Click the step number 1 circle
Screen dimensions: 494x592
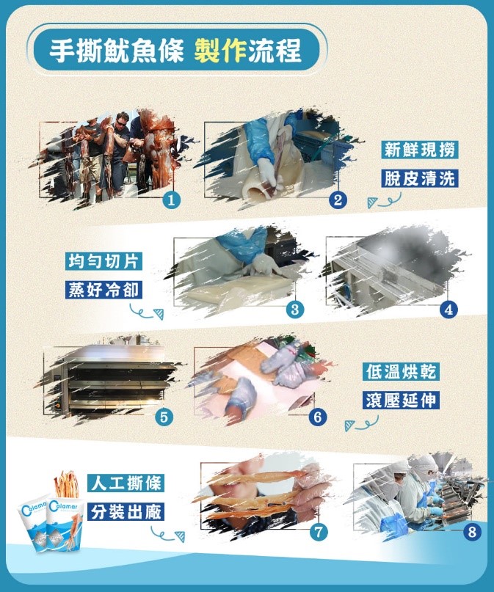tap(172, 200)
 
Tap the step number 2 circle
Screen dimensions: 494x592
tap(338, 200)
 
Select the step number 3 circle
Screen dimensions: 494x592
tap(295, 310)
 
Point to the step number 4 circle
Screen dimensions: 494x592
tap(448, 310)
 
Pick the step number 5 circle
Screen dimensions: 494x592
tap(164, 417)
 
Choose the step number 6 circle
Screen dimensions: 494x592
tap(318, 417)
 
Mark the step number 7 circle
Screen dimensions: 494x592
tap(319, 532)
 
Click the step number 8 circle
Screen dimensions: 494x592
tap(472, 532)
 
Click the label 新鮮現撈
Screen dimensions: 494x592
tap(420, 150)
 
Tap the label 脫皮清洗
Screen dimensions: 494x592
tap(420, 178)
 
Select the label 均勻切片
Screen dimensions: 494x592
tap(103, 261)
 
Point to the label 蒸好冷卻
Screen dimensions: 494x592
tap(103, 290)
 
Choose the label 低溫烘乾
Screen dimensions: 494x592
tap(401, 371)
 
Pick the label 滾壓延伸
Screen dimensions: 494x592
tap(401, 401)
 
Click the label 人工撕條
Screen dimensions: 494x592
tap(126, 483)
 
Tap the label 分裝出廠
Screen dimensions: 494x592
tap(126, 512)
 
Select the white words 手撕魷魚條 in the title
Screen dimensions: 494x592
tap(117, 51)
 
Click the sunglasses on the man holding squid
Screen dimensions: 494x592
tap(122, 123)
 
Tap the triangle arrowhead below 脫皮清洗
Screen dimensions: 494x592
tap(372, 202)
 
